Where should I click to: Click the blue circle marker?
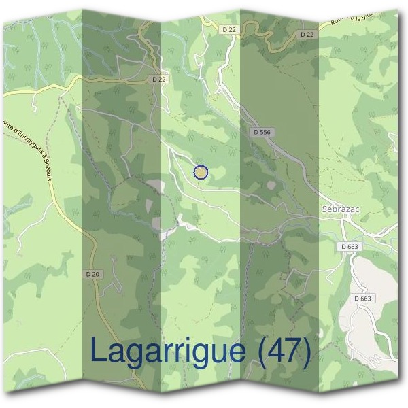(x=201, y=172)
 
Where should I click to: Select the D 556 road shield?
(x=260, y=132)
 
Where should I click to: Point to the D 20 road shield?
(x=92, y=274)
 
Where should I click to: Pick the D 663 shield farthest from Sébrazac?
(x=363, y=298)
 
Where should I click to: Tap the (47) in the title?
(x=284, y=352)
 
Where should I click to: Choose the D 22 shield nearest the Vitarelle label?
(x=307, y=34)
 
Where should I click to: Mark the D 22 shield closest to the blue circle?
(x=159, y=80)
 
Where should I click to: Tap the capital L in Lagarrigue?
(x=98, y=351)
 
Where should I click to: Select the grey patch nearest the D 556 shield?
(x=271, y=185)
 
